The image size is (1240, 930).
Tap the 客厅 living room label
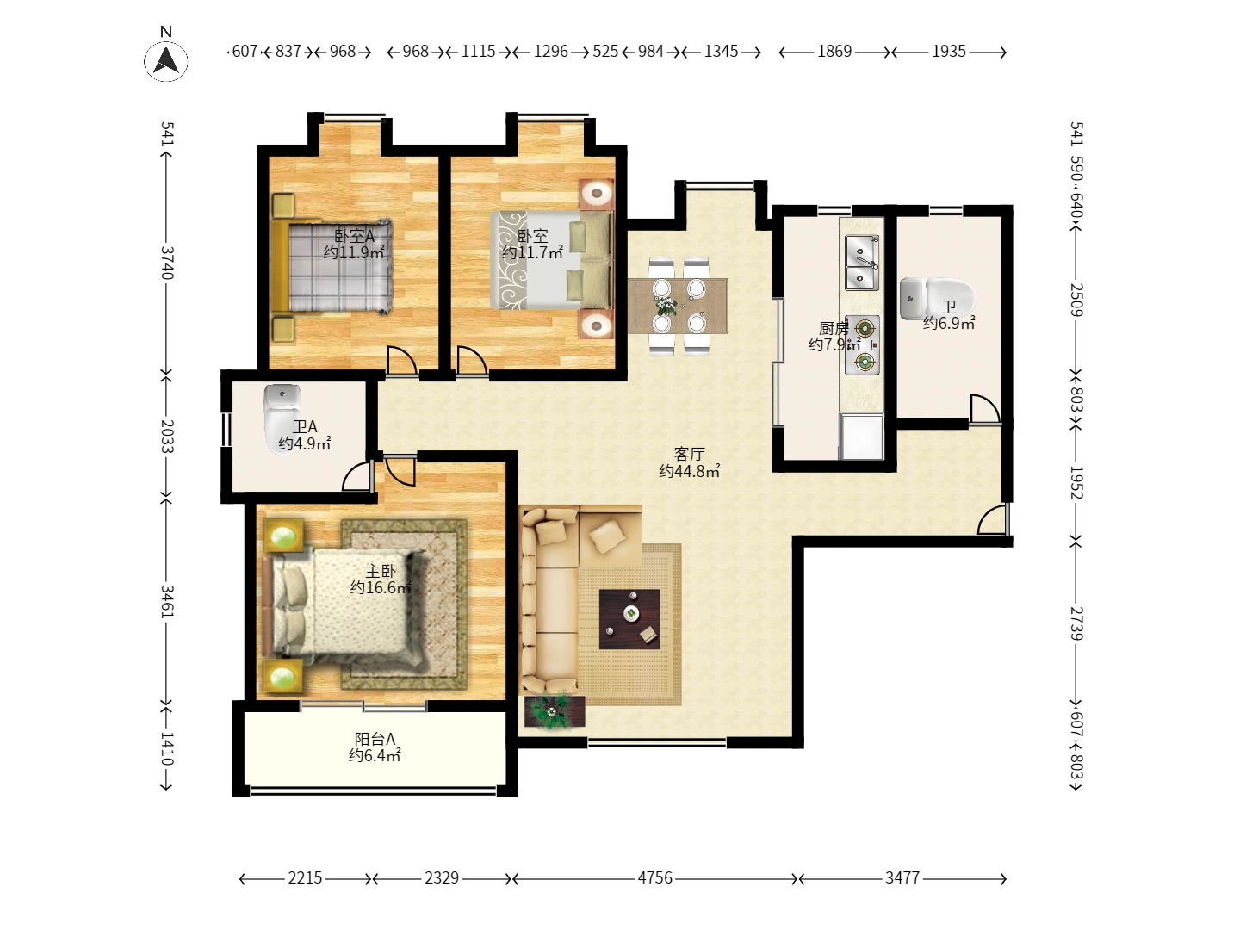pyautogui.click(x=689, y=454)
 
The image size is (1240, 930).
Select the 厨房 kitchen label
pyautogui.click(x=834, y=327)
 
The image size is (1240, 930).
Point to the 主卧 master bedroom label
pyautogui.click(x=381, y=571)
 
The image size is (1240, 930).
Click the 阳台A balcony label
pyautogui.click(x=375, y=739)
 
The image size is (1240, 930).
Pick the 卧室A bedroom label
pyautogui.click(x=354, y=235)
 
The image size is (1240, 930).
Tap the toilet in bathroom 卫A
pyautogui.click(x=282, y=418)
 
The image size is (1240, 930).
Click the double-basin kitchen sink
pyautogui.click(x=861, y=263)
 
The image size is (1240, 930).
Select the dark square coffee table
pyautogui.click(x=629, y=619)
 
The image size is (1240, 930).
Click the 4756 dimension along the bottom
pyautogui.click(x=655, y=877)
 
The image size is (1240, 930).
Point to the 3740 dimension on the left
pyautogui.click(x=167, y=263)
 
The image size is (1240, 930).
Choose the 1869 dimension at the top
pyautogui.click(x=834, y=52)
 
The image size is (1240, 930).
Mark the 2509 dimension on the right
pyautogui.click(x=1076, y=300)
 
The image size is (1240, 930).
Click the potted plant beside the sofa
pyautogui.click(x=555, y=711)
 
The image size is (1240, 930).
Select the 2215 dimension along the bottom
pyautogui.click(x=305, y=877)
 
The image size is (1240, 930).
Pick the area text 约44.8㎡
pyautogui.click(x=689, y=470)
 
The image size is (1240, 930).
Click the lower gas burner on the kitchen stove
pyautogui.click(x=865, y=362)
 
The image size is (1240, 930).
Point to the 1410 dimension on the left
pyautogui.click(x=167, y=748)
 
